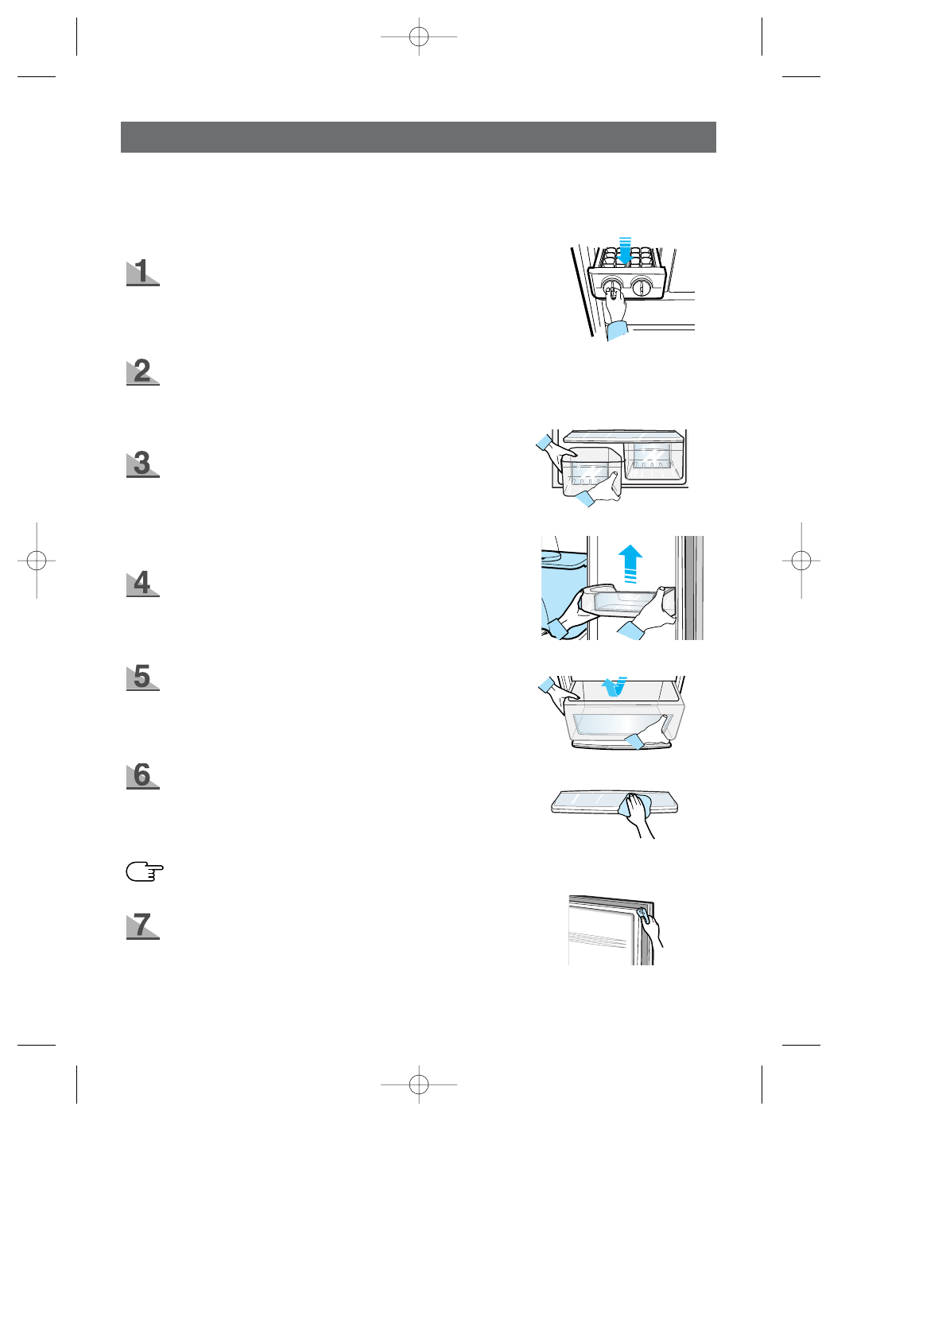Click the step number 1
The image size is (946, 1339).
pos(142,272)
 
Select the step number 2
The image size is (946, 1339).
pos(142,371)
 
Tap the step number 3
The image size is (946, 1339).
pos(142,464)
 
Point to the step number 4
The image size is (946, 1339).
pos(142,583)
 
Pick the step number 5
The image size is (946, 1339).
pos(142,677)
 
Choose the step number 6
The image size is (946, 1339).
pos(142,775)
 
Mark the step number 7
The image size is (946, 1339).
pos(142,926)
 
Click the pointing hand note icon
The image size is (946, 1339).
pos(144,872)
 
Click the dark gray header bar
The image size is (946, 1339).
pos(418,137)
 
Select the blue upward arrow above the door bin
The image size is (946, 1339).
pos(630,562)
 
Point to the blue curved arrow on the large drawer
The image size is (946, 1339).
pos(612,685)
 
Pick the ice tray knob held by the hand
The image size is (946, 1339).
pos(611,287)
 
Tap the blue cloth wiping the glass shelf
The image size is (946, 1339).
pos(635,805)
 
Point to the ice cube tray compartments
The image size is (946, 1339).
pos(626,259)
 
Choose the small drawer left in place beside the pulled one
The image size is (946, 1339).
pos(653,460)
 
